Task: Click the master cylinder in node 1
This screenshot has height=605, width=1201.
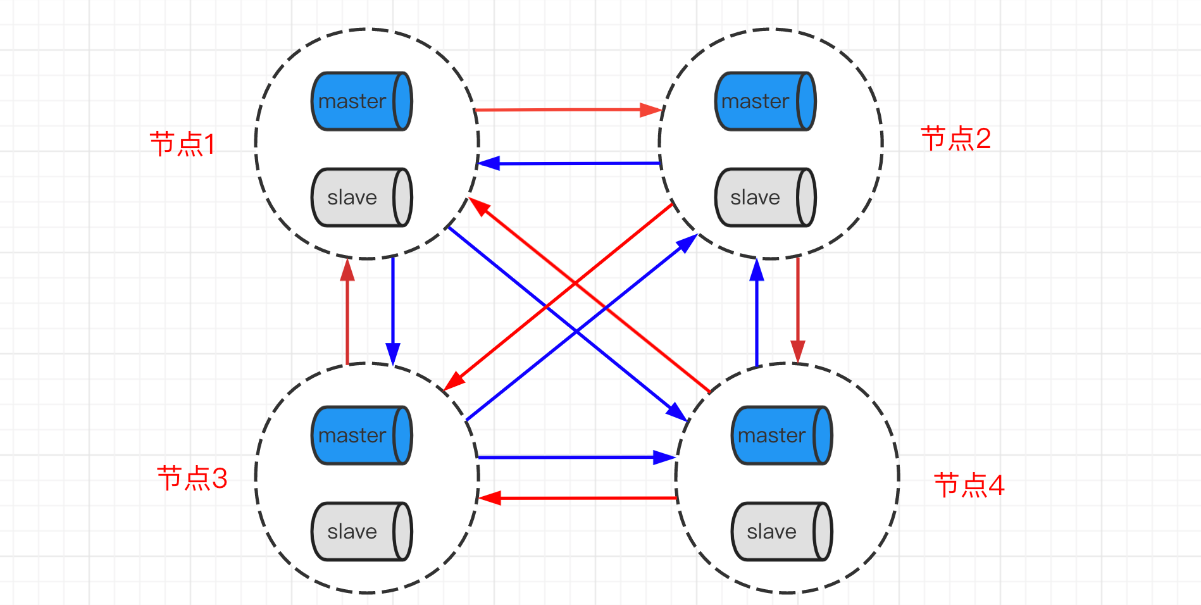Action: (x=362, y=101)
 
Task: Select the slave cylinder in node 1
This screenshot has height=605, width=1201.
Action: (x=362, y=197)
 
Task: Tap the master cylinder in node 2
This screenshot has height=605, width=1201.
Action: (x=766, y=101)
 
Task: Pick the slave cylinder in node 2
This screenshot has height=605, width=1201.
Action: (x=766, y=197)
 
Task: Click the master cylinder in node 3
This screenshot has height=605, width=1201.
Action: (x=362, y=435)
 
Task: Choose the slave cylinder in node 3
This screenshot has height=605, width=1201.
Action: (x=362, y=532)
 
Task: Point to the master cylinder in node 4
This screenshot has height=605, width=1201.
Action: (x=782, y=435)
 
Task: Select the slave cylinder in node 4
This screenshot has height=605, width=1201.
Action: (x=782, y=532)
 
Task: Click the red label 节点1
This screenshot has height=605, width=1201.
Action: (x=182, y=144)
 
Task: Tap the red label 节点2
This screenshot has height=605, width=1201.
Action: (x=955, y=139)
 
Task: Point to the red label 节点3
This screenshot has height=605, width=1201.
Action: (x=192, y=478)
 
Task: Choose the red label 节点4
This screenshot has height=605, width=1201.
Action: (x=969, y=485)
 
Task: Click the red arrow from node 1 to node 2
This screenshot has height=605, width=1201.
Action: (x=568, y=110)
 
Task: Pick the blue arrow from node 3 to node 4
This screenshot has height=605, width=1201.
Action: (x=577, y=457)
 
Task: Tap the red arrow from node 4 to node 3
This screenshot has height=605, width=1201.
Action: (x=578, y=498)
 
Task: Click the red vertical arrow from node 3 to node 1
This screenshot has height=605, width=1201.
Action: (x=347, y=311)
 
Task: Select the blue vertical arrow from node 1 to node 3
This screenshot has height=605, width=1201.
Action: (x=393, y=311)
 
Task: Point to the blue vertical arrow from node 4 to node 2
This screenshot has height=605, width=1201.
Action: (x=757, y=313)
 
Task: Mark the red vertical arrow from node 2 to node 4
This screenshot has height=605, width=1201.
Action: (x=798, y=309)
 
